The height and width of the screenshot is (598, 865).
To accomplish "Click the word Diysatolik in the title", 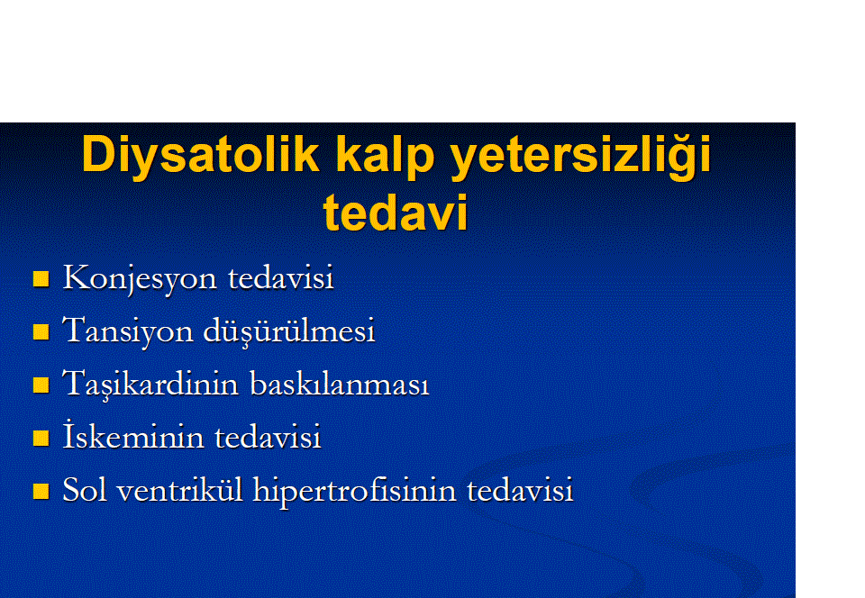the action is [200, 157].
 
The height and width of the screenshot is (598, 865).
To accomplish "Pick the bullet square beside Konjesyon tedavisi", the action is [41, 279].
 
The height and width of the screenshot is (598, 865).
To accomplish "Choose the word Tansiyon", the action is [127, 331].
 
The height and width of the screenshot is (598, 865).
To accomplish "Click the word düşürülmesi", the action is [289, 331].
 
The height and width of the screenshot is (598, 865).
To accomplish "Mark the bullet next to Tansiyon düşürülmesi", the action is [41, 331].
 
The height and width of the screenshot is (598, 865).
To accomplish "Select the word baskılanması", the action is [340, 383].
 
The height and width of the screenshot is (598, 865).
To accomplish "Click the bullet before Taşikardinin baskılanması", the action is [41, 385].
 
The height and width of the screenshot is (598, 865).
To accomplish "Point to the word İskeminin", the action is [133, 435].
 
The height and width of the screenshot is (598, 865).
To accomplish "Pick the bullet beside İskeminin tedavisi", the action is [41, 439].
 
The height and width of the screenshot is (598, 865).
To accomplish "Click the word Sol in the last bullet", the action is [85, 489].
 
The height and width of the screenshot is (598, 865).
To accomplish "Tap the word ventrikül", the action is [180, 489].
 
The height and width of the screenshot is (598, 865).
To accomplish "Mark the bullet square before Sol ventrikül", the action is [41, 491].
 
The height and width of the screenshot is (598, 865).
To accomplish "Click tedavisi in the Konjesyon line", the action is [281, 276].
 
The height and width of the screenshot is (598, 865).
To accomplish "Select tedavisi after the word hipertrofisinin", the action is [520, 489].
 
